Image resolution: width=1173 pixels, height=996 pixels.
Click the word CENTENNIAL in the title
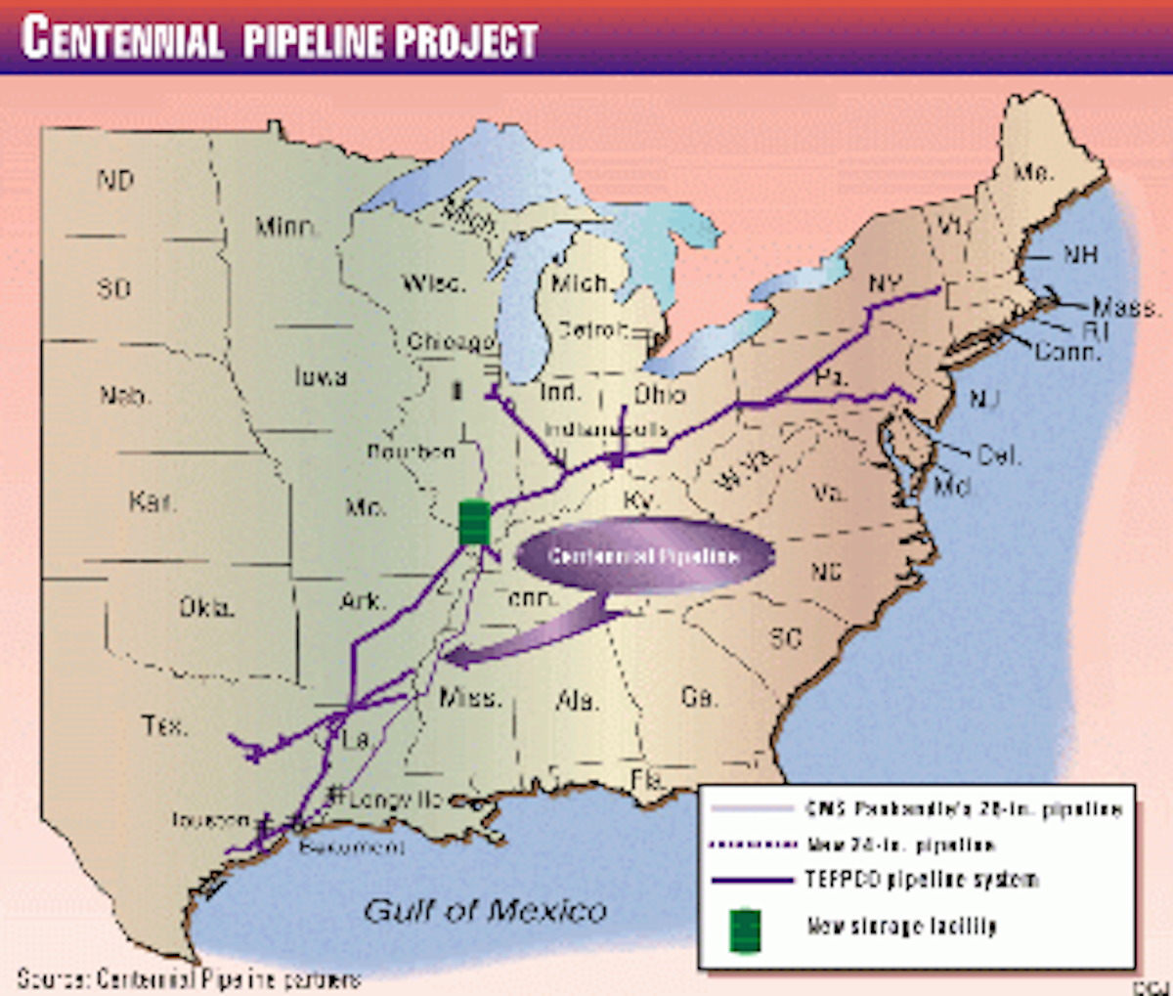[122, 38]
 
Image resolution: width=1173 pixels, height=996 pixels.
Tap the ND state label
[114, 180]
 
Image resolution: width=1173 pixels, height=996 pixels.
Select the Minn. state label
[286, 228]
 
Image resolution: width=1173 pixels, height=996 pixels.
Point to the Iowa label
[320, 376]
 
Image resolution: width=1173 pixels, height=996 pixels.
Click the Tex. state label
[164, 726]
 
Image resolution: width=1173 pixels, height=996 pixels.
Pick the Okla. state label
[206, 608]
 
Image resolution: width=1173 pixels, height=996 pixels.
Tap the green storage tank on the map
[473, 521]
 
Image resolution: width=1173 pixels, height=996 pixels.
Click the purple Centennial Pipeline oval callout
[644, 556]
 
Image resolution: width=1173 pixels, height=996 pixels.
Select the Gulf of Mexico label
[485, 911]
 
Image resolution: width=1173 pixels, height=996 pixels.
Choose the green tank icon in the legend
[746, 930]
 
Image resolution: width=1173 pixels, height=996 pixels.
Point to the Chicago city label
[451, 342]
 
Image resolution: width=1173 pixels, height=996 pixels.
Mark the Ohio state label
[660, 394]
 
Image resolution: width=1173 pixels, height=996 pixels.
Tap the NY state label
[885, 284]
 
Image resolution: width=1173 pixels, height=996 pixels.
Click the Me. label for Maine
[1032, 173]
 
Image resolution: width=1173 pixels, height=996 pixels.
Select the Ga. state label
[698, 697]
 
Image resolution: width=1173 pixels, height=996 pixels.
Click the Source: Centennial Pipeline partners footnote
[189, 978]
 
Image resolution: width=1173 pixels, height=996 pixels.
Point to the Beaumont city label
[352, 846]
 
